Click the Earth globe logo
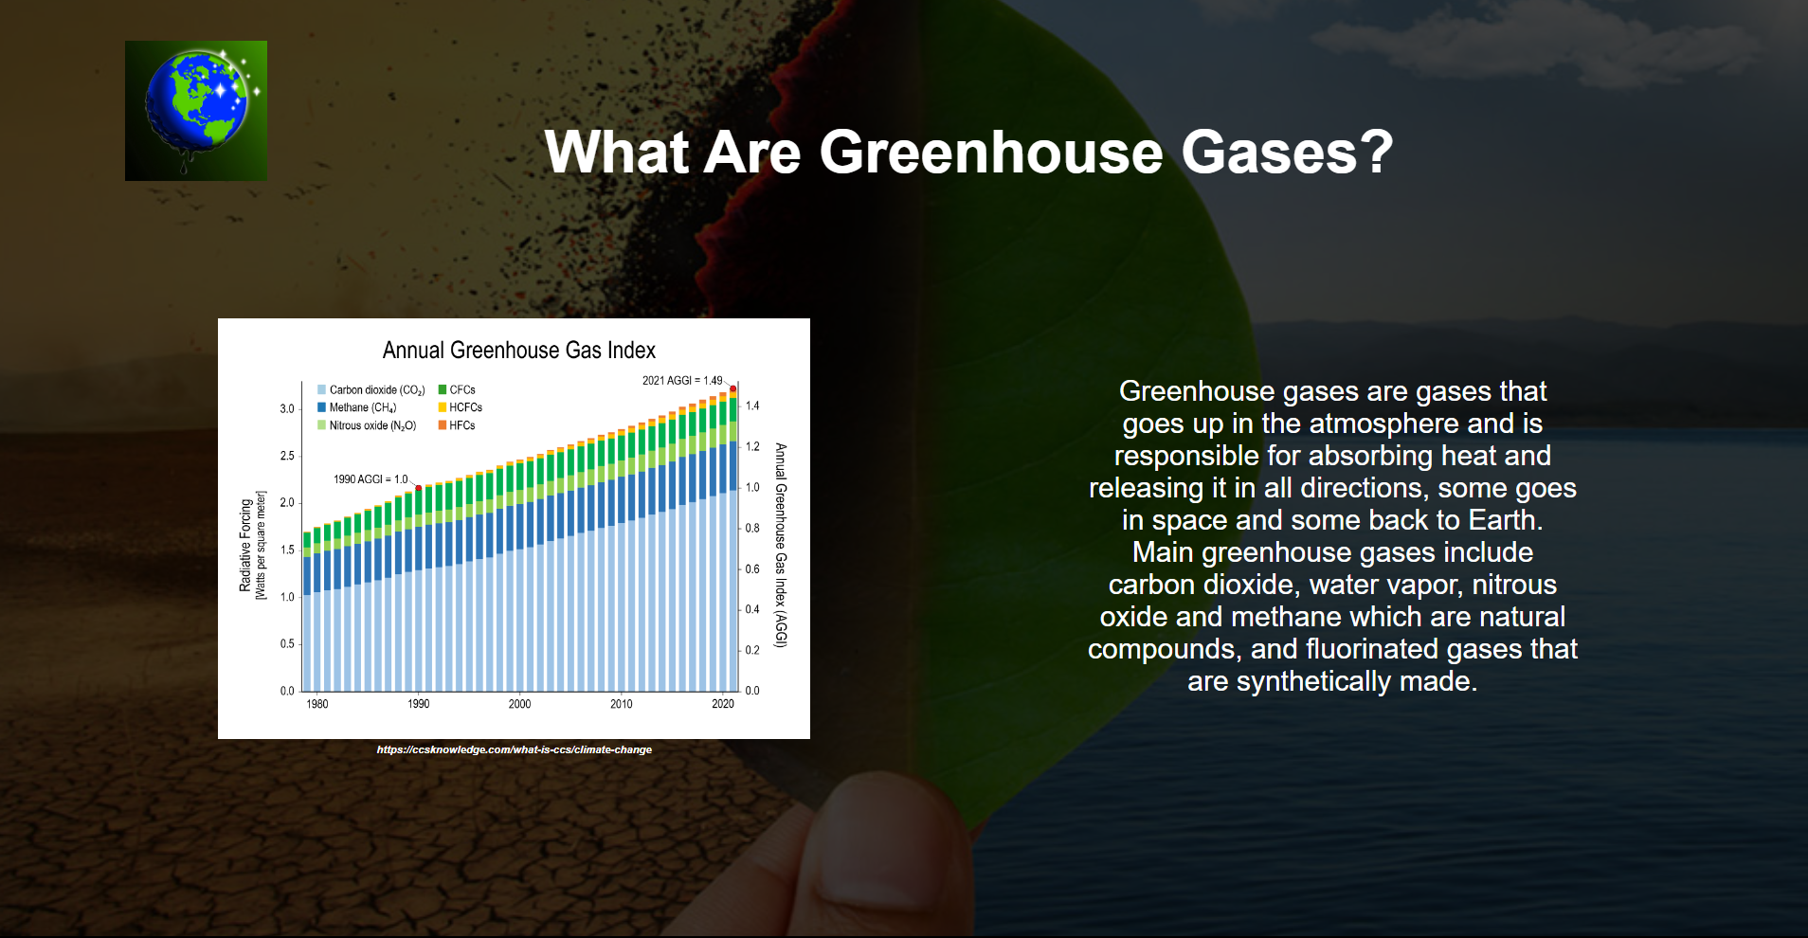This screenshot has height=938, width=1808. point(196,110)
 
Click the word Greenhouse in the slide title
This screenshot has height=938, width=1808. point(990,153)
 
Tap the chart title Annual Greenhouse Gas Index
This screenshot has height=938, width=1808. point(518,351)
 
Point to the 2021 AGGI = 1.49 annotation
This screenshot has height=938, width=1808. point(681,381)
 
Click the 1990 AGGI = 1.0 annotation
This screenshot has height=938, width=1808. point(370,479)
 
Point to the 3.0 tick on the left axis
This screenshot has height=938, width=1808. point(287,409)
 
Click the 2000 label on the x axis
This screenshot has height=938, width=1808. point(519,704)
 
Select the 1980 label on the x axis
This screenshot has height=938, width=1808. point(317,704)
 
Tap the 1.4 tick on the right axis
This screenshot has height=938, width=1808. point(752,406)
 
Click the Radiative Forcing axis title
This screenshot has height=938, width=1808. point(245,546)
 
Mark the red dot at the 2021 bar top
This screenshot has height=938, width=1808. point(732,388)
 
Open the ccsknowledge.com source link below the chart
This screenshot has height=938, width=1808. point(514,749)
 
